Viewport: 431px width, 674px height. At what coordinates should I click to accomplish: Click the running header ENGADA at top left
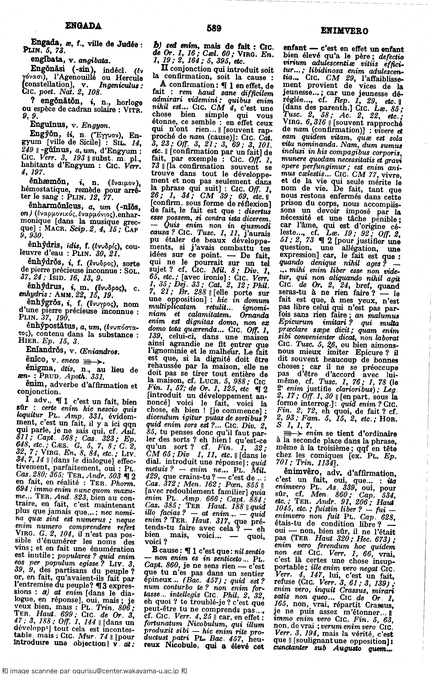coord(83,26)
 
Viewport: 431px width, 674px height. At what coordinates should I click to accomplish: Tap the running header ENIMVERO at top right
coord(344,31)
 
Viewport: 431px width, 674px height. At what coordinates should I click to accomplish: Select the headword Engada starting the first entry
coord(47,43)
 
